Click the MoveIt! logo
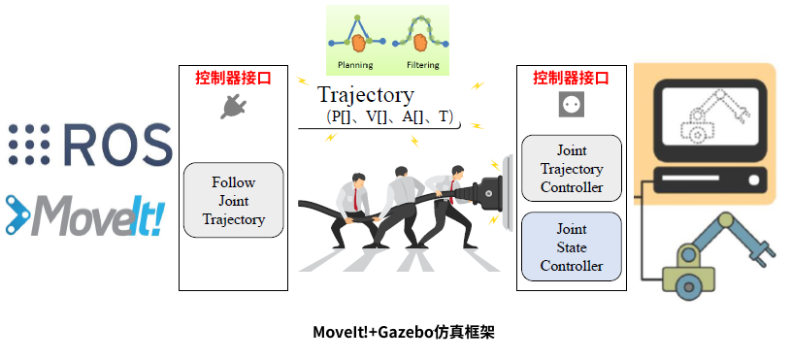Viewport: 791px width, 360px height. click(87, 215)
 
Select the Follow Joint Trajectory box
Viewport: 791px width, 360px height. click(233, 200)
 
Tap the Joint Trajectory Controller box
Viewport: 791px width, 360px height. click(572, 169)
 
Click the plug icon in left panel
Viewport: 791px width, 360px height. click(232, 108)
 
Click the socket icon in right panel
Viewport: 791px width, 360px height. click(572, 105)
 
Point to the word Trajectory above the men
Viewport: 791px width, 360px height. click(365, 95)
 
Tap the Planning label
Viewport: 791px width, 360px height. click(354, 66)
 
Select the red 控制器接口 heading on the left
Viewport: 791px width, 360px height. click(233, 78)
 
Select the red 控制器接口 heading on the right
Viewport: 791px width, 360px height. click(572, 78)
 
